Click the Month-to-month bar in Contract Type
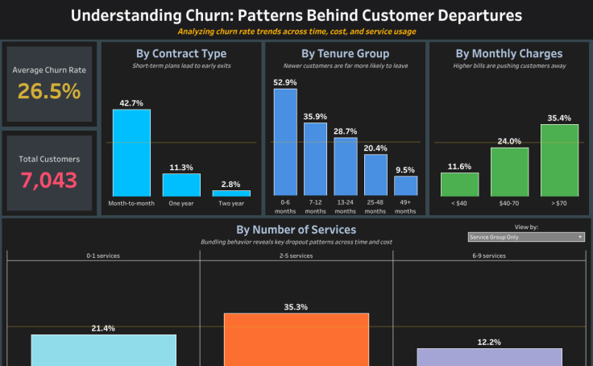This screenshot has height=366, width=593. (x=131, y=152)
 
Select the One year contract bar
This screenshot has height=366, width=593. (x=181, y=185)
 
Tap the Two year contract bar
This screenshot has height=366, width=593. (x=231, y=193)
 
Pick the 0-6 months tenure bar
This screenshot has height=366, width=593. (x=285, y=142)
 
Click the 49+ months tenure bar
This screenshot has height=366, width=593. (x=406, y=186)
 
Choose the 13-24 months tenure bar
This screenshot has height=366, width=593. (x=345, y=167)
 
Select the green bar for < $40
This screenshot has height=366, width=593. (x=459, y=185)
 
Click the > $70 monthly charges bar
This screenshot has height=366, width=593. (x=559, y=160)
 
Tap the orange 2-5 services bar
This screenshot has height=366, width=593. (x=296, y=339)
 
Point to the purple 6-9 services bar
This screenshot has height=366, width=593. (x=489, y=357)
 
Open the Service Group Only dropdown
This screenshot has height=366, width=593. (x=526, y=237)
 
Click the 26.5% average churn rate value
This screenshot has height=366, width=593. (x=49, y=91)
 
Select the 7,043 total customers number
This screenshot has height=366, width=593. (x=49, y=181)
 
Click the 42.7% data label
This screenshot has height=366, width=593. (x=131, y=103)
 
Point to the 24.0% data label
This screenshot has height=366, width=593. (x=509, y=141)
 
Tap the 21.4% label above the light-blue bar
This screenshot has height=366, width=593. (x=103, y=328)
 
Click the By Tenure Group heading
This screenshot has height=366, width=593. (x=345, y=53)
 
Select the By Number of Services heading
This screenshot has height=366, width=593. (x=296, y=229)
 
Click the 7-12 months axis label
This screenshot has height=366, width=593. (x=315, y=206)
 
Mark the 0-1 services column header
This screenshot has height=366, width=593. (x=103, y=256)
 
